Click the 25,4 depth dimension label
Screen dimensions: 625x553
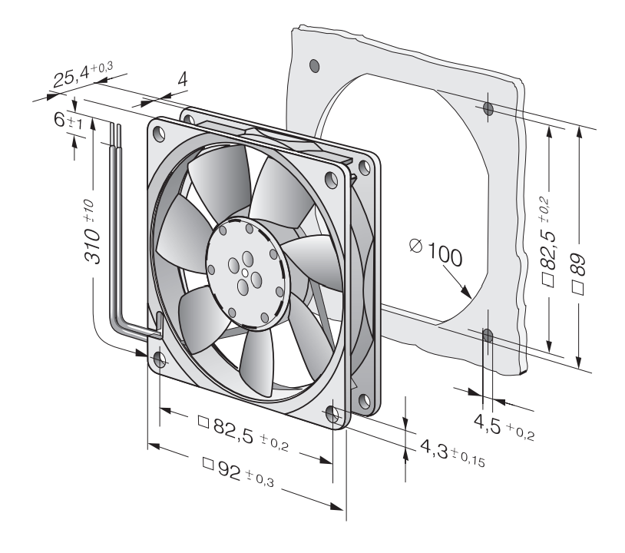pos(83,74)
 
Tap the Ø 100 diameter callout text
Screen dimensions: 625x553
pos(436,252)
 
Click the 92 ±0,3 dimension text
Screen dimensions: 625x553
pos(238,472)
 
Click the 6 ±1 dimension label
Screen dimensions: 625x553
pos(68,121)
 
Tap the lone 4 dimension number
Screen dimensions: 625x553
pos(182,80)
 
